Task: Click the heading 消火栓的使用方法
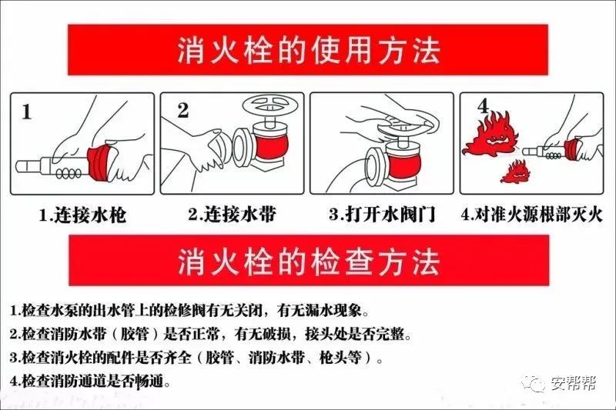(x=307, y=52)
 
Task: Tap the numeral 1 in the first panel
(x=26, y=113)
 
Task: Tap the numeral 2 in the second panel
(x=182, y=110)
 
